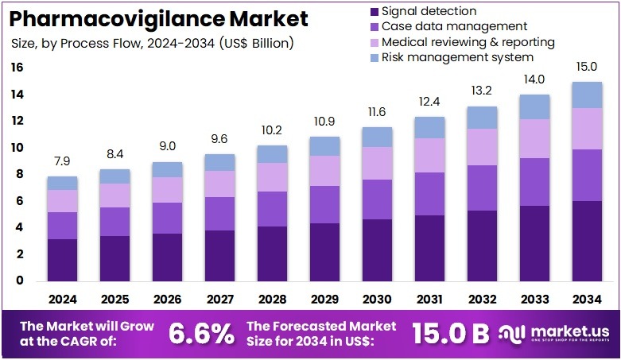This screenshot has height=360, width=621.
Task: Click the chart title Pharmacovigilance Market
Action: click(155, 17)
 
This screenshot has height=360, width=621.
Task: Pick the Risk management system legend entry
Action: click(457, 57)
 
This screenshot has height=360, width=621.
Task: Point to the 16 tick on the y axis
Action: click(17, 68)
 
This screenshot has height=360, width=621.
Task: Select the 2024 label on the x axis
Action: click(62, 300)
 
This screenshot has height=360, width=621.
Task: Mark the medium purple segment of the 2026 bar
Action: click(168, 218)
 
